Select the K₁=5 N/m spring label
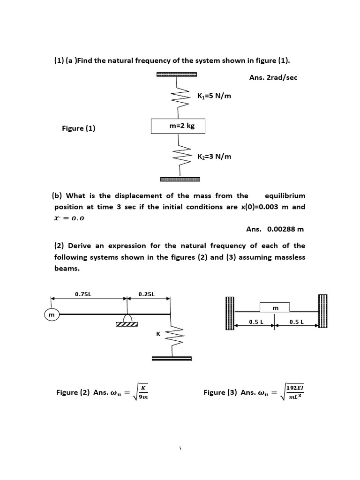click(x=214, y=96)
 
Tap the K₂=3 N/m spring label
click(x=214, y=156)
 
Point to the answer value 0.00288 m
click(x=285, y=229)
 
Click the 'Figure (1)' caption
click(x=78, y=128)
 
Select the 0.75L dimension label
click(x=83, y=294)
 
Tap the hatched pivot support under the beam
click(x=127, y=322)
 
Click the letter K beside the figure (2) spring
click(x=158, y=334)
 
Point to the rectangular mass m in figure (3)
click(x=275, y=307)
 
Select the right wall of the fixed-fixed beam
click(x=322, y=312)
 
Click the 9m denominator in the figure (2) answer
click(x=144, y=397)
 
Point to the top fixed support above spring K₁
click(x=177, y=75)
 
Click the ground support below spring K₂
click(x=180, y=179)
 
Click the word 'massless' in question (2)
click(x=287, y=257)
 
